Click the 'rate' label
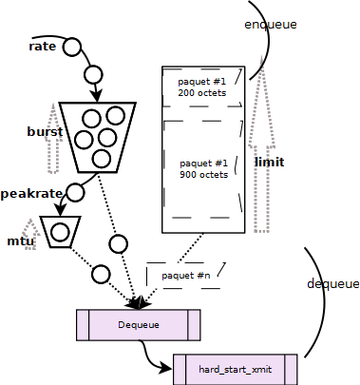point(42,47)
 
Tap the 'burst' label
point(44,131)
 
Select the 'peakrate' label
point(31,193)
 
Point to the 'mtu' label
point(21,241)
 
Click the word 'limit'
point(270,163)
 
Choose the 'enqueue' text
point(270,23)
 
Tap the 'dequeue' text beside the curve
point(333,284)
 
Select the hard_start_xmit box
point(236,368)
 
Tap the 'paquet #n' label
point(186,276)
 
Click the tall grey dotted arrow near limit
point(260,152)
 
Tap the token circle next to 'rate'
point(73,47)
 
